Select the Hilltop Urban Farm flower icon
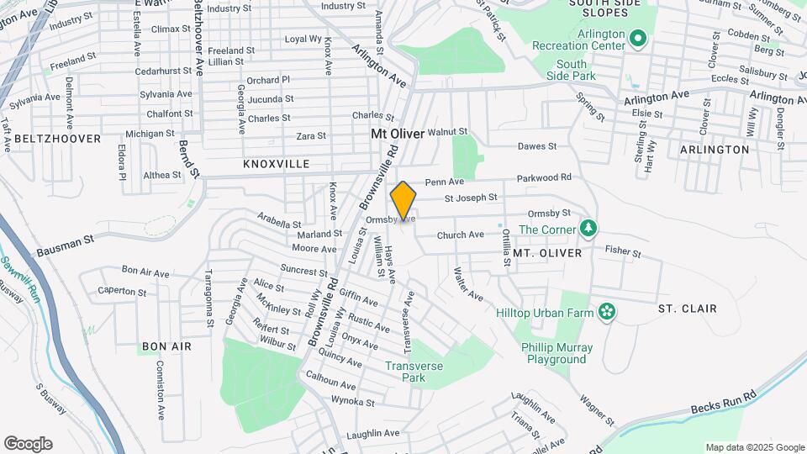(x=606, y=313)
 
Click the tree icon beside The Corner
(x=589, y=229)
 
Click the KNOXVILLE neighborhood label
(x=277, y=164)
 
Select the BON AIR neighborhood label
(x=166, y=346)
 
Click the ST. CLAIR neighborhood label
(x=688, y=309)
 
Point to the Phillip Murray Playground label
(x=556, y=353)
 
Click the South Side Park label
(x=571, y=70)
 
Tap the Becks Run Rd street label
(x=724, y=402)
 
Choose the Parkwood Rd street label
(x=544, y=177)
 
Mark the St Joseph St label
(x=471, y=198)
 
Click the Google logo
(x=28, y=444)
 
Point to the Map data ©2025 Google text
(x=755, y=447)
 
